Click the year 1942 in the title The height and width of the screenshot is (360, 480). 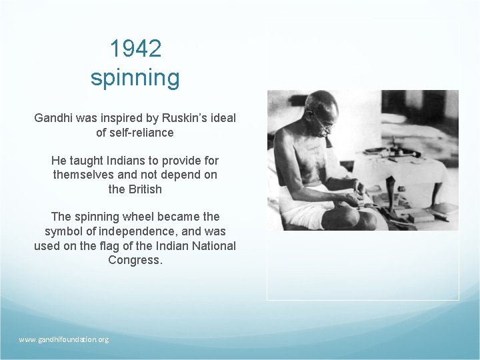coord(135,49)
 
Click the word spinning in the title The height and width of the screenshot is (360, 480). coord(135,78)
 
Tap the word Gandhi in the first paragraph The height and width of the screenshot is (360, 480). coord(55,118)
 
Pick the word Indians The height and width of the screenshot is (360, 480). coord(113,161)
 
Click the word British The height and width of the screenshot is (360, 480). coord(145,189)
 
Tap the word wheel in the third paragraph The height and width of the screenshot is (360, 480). coord(137,217)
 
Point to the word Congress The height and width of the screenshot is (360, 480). coord(134,260)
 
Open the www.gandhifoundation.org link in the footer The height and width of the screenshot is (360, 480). coord(64,339)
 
